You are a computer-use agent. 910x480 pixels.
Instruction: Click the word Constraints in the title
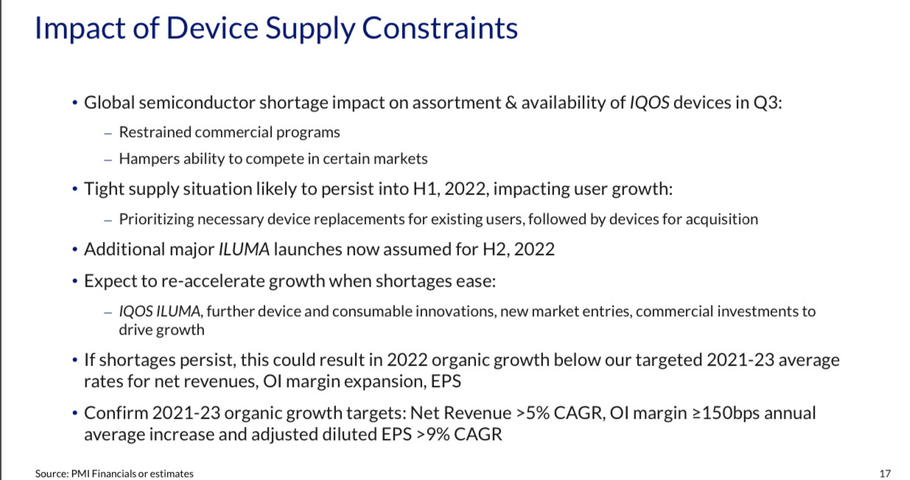click(440, 29)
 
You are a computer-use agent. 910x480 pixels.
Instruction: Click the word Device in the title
click(212, 29)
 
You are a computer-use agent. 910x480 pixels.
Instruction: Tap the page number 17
click(885, 473)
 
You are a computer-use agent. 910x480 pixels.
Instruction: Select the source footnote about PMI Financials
click(114, 473)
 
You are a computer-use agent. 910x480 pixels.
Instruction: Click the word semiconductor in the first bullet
click(197, 102)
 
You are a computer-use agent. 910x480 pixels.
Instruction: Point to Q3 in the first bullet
click(767, 102)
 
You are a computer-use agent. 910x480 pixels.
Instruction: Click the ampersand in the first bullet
click(511, 102)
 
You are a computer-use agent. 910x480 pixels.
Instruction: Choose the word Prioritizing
click(156, 220)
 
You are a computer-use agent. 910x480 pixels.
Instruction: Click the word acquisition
click(722, 220)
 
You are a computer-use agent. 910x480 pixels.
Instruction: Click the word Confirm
click(116, 413)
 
